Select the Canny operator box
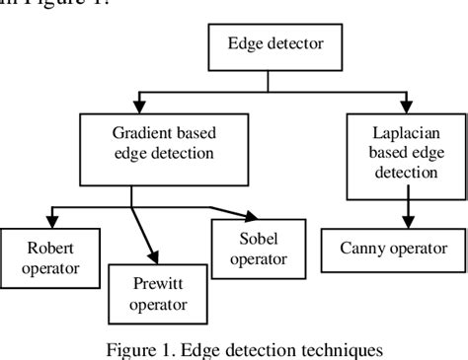tap(390, 248)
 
